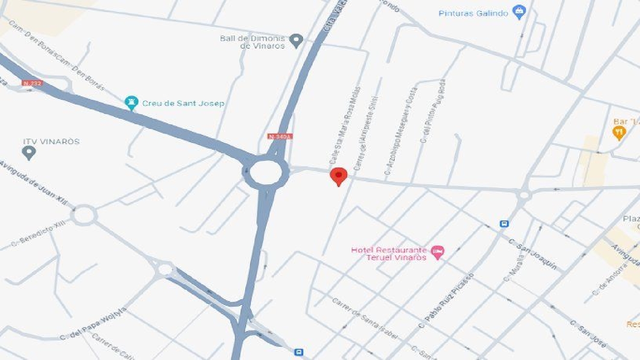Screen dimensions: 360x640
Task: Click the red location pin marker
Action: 339,176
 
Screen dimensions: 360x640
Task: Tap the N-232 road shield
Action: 32,83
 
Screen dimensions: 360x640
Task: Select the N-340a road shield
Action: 280,136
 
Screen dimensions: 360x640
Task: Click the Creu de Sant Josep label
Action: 183,103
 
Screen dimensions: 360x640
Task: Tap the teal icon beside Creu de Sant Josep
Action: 131,102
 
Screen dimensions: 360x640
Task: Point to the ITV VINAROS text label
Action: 51,142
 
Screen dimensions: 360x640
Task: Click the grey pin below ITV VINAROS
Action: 29,152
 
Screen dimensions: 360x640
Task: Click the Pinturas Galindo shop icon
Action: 519,12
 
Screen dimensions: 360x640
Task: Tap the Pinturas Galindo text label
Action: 473,13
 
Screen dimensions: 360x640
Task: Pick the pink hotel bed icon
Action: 438,252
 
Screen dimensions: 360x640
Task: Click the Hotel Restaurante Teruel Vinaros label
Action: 389,253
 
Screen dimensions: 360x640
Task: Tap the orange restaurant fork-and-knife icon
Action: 619,134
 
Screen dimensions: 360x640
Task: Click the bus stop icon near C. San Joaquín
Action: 504,224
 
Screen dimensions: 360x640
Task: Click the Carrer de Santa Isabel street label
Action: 365,318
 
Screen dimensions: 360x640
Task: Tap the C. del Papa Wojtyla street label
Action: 93,324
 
